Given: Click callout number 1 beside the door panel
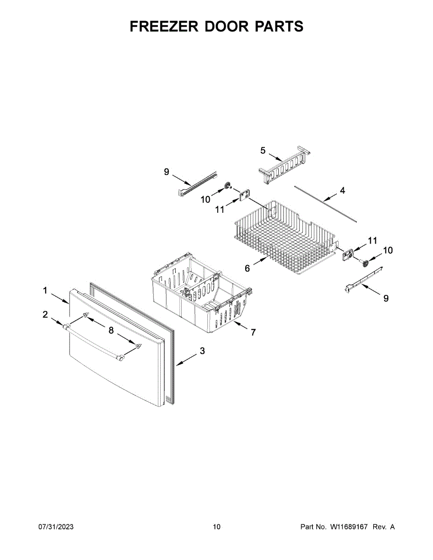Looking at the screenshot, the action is [x=45, y=291].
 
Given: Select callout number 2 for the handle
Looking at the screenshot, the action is [x=45, y=315].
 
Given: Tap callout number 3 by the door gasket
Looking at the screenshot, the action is [x=202, y=351].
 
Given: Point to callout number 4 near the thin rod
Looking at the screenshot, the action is [x=342, y=190].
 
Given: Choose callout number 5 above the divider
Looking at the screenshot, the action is [x=263, y=150].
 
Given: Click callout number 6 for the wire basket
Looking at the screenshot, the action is [x=247, y=268].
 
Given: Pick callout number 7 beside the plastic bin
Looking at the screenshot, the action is [x=253, y=332].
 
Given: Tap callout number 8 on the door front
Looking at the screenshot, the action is [x=111, y=330].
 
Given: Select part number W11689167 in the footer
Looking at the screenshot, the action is [x=350, y=527].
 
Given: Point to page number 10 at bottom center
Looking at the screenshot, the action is [x=216, y=527].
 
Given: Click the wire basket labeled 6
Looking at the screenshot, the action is [x=285, y=233].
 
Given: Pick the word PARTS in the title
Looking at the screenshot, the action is [x=279, y=27].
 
